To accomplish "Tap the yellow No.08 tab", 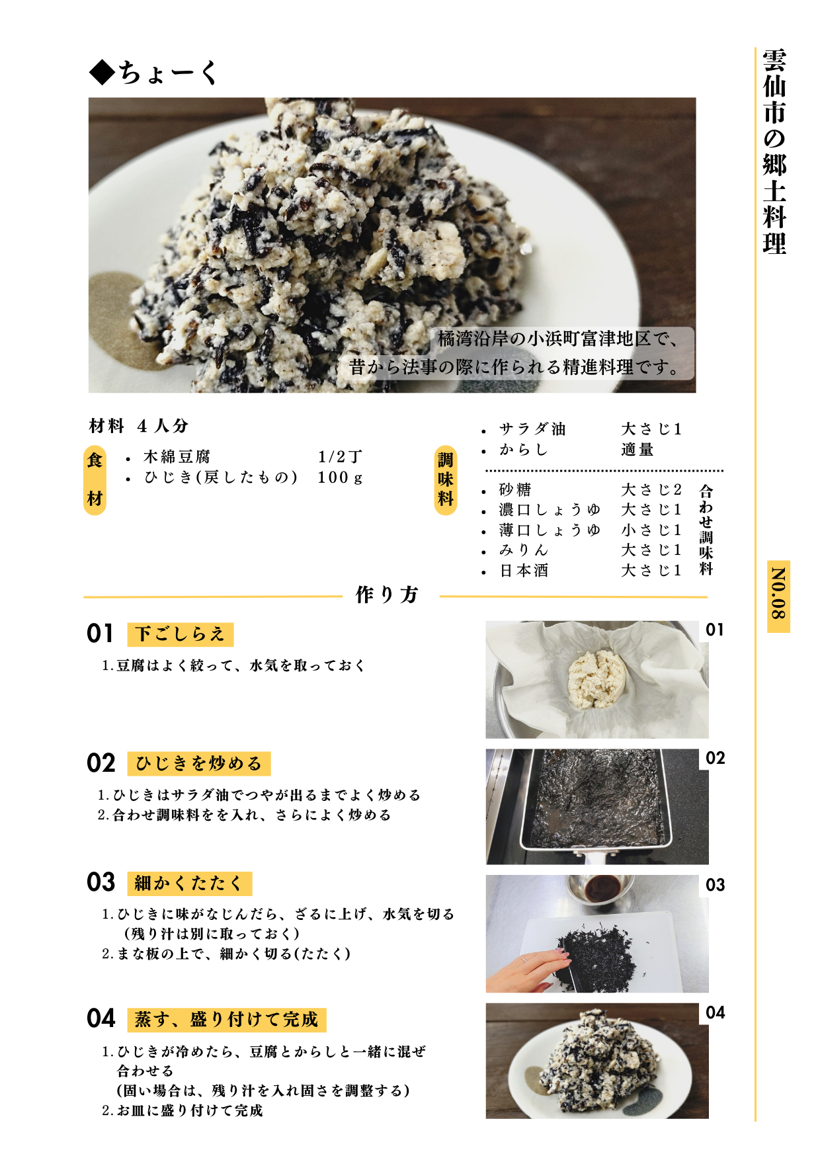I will (778, 597).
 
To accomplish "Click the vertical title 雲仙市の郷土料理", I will (774, 151).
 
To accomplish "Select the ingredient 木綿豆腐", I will (177, 457).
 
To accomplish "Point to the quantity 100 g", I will (340, 477).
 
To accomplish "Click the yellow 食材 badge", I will (95, 479).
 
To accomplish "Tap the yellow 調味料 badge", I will (445, 479).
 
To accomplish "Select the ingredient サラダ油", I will (532, 429).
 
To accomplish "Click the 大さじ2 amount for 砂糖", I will (651, 490).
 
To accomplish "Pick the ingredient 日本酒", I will (524, 571).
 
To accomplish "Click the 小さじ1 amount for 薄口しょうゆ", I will (651, 530).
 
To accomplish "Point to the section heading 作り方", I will (387, 595).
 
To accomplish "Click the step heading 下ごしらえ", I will (180, 634).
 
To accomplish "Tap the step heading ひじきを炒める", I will (198, 764).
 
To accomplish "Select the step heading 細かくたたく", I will (189, 884).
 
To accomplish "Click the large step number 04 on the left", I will (101, 1018).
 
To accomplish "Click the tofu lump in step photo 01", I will (596, 679).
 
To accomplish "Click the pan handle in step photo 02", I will (595, 858).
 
